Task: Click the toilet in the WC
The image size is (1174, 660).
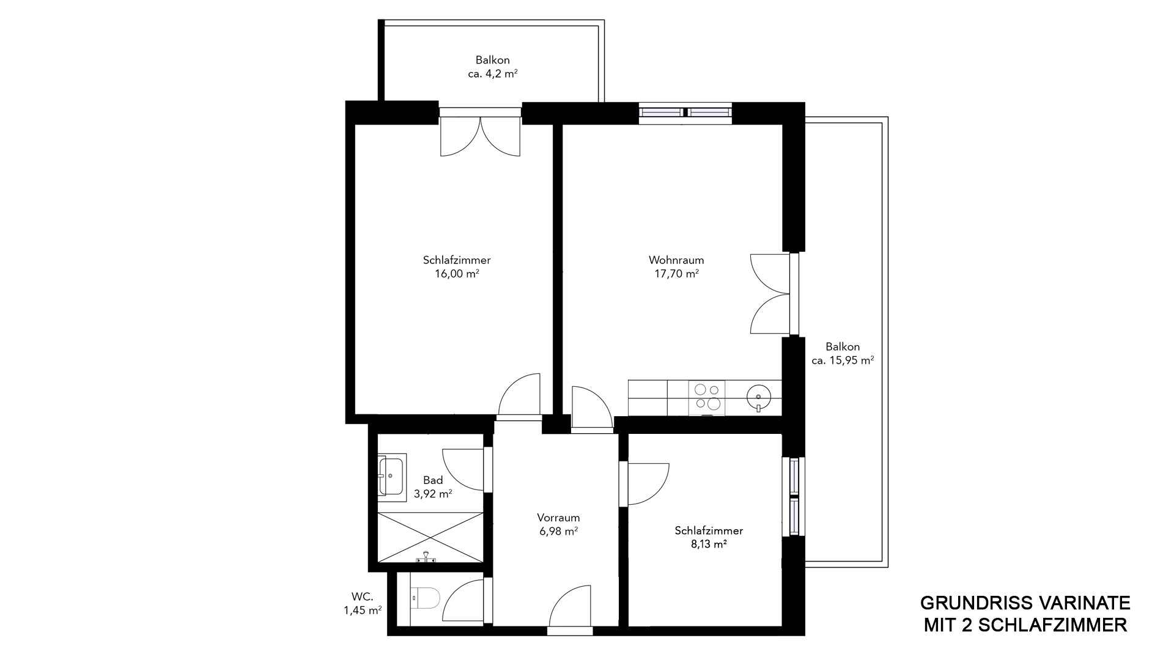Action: [x=425, y=598]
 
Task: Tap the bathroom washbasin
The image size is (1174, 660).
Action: [x=391, y=477]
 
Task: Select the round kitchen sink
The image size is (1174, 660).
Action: [x=758, y=397]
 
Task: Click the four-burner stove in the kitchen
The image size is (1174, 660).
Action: [x=707, y=396]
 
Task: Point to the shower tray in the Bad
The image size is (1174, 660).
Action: [x=430, y=537]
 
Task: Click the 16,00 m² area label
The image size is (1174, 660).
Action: [x=457, y=274]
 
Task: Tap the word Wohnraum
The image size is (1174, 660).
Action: [x=676, y=260]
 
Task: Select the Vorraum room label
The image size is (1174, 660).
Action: [x=558, y=518]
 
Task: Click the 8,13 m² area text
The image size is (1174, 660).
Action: [x=709, y=544]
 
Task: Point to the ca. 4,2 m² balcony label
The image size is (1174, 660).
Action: [x=493, y=73]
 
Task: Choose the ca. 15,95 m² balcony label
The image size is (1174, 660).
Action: [x=843, y=361]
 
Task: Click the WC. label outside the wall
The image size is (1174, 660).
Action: [x=362, y=596]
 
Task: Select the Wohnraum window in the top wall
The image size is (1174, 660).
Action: [x=685, y=112]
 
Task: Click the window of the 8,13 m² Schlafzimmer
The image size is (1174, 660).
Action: [x=794, y=496]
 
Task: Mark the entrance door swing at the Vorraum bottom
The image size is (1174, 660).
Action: [x=570, y=606]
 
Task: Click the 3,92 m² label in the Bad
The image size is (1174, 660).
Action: [x=433, y=494]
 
